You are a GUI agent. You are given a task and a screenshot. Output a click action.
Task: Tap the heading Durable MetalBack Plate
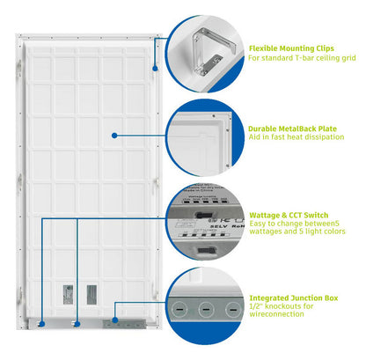point(294,128)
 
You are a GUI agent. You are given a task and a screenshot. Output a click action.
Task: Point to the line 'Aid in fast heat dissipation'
point(294,139)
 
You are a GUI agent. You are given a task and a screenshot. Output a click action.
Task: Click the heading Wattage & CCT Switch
point(290,214)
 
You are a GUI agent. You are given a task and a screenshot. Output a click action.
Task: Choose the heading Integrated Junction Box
point(293,298)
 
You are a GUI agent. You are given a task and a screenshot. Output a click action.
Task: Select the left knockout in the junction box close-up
point(179,309)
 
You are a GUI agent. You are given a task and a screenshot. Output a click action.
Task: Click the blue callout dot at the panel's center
point(114,135)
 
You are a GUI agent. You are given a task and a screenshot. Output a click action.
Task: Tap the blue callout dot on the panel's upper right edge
point(155,67)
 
